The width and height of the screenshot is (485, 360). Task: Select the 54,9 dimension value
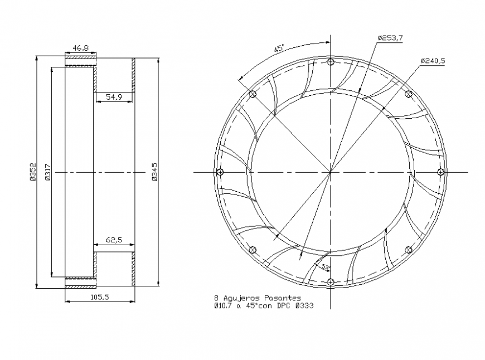(114, 97)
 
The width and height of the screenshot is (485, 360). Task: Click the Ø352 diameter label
(32, 172)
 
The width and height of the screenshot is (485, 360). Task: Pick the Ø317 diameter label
(47, 172)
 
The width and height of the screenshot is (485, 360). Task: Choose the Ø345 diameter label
(154, 172)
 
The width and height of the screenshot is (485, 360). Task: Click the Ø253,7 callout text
(390, 37)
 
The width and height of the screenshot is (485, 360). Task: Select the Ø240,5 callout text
(433, 61)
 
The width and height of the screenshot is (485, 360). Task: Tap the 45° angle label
(279, 48)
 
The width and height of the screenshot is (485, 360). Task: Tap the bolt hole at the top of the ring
(331, 61)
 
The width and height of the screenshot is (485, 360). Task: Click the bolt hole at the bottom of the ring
(331, 281)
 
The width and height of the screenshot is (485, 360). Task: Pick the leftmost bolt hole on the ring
(220, 171)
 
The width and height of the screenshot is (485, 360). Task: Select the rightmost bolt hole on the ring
(440, 171)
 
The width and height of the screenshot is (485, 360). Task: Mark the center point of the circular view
(331, 172)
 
